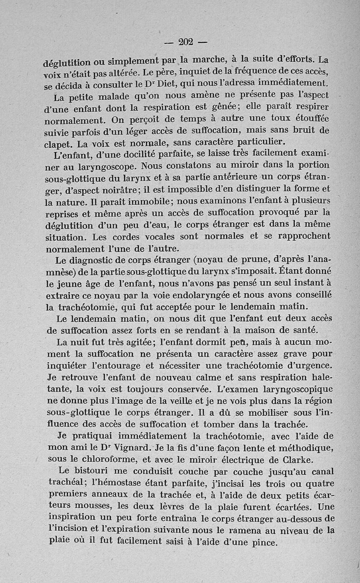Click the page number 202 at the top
coord(185,42)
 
